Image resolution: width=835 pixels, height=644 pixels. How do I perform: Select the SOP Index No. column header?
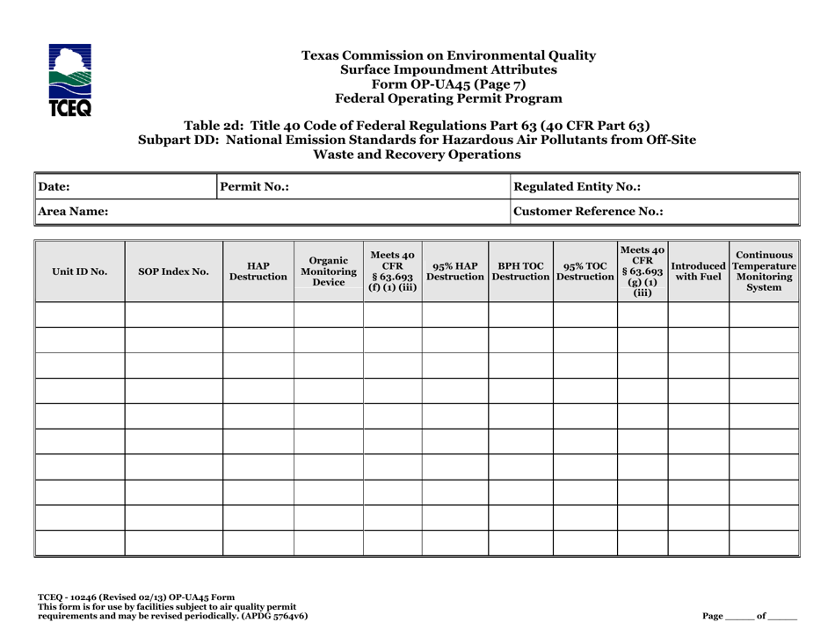click(x=173, y=271)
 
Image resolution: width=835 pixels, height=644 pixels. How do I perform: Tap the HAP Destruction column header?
click(x=258, y=271)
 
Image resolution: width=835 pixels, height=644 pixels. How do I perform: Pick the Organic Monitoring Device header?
click(x=328, y=271)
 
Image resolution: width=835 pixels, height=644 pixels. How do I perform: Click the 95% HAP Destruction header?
click(x=454, y=271)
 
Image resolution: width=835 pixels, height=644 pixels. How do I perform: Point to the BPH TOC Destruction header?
click(x=520, y=271)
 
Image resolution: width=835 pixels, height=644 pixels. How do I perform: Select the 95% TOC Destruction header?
click(x=584, y=271)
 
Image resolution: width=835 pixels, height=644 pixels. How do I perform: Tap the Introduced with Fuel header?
click(x=698, y=271)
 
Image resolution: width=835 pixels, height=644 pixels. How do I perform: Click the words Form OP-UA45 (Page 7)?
click(x=448, y=84)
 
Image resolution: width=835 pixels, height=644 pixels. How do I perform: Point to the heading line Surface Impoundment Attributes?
click(x=448, y=69)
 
